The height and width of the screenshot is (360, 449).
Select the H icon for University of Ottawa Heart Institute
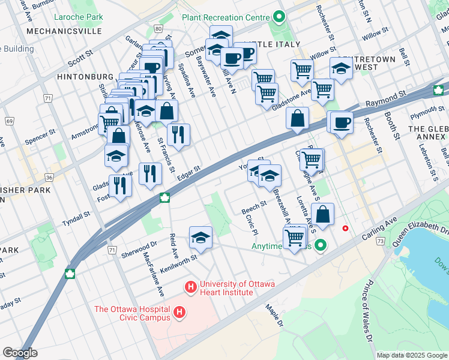tap(191, 288)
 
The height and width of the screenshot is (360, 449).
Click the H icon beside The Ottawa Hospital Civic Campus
tap(178, 312)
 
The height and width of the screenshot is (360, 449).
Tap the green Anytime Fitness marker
tap(321, 245)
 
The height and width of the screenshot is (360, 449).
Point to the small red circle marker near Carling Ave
tap(345, 228)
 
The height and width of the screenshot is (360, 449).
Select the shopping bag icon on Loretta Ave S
tap(322, 214)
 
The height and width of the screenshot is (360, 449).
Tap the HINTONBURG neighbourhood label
tap(85, 77)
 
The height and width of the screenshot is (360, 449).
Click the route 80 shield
tap(157, 28)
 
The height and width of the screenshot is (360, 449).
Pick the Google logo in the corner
tap(20, 353)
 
